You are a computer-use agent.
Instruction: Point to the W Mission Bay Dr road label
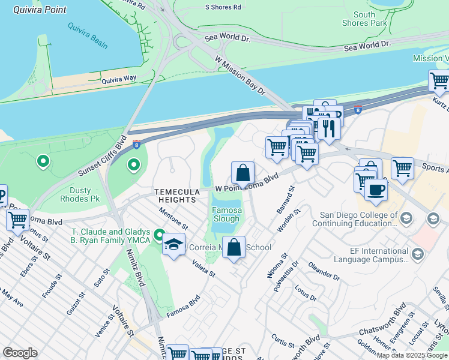tap(240, 76)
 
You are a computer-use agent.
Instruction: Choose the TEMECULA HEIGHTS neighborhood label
tap(176, 196)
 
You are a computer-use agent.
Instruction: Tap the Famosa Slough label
tap(227, 215)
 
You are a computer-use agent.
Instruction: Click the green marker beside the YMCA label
tap(159, 235)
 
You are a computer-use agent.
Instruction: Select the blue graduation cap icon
tap(173, 244)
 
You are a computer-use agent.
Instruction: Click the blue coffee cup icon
tap(376, 190)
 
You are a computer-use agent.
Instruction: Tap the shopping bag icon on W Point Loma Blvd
tap(243, 173)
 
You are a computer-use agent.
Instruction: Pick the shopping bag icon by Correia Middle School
tap(234, 247)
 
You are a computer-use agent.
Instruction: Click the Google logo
tap(20, 353)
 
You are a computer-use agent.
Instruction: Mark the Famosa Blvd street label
tap(183, 305)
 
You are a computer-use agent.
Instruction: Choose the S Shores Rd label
tap(223, 7)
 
